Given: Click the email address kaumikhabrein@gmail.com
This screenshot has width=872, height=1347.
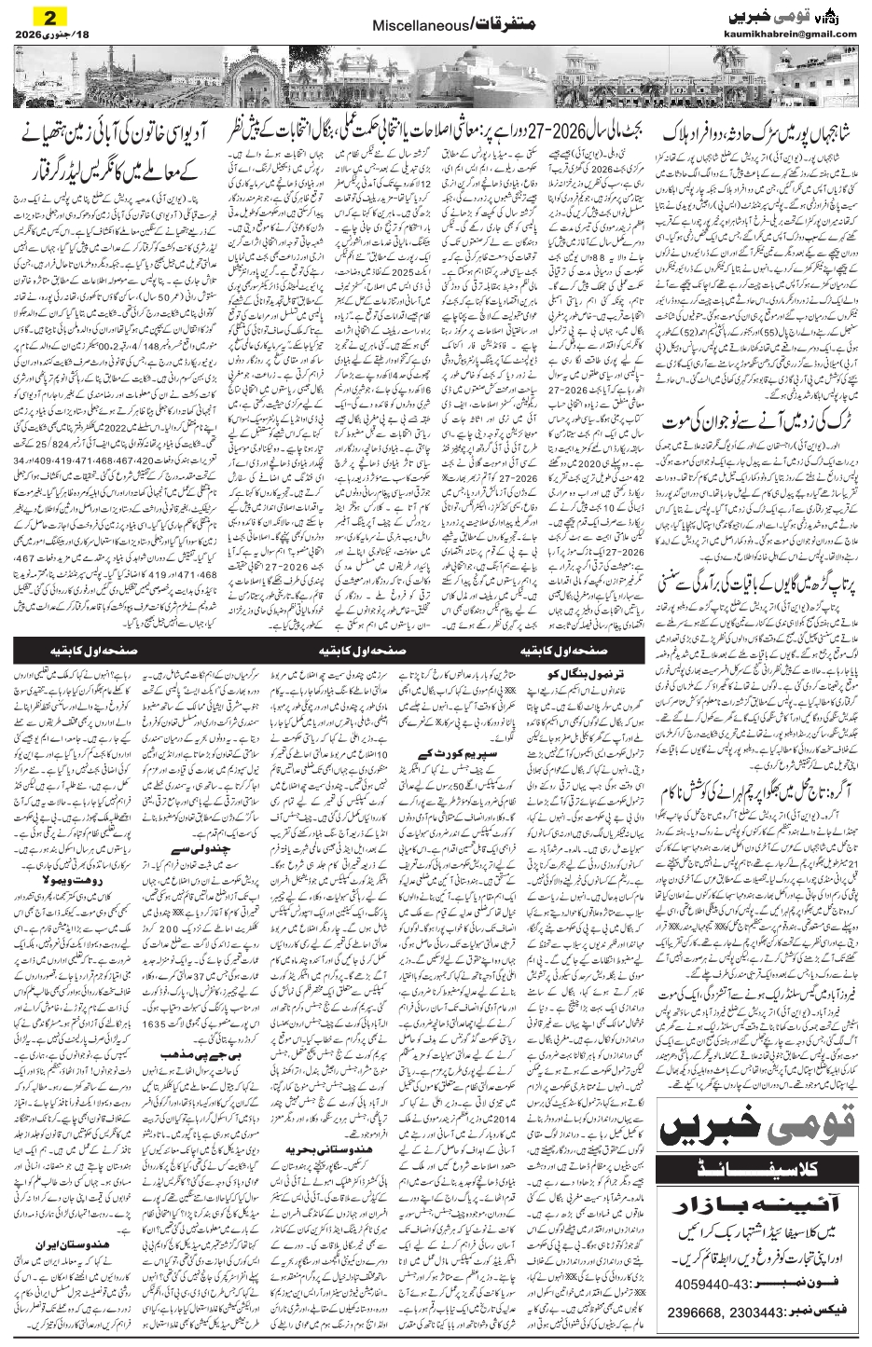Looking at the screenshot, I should tap(789, 34).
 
